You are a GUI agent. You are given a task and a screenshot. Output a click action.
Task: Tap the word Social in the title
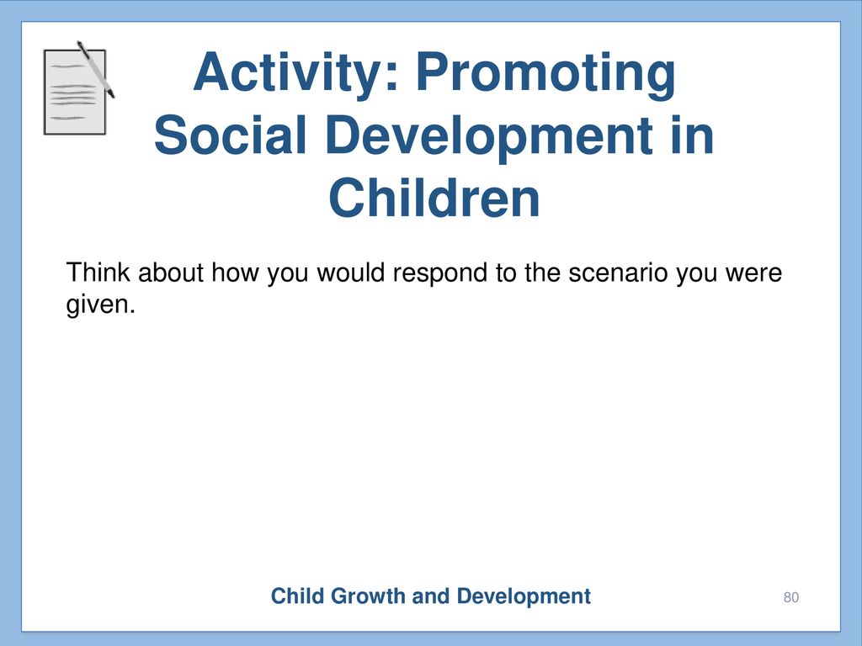pyautogui.click(x=230, y=135)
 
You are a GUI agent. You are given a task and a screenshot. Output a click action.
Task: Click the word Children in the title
pyautogui.click(x=434, y=198)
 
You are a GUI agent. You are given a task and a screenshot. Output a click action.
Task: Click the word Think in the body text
pyautogui.click(x=98, y=273)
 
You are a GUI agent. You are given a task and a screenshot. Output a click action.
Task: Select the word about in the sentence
pyautogui.click(x=170, y=273)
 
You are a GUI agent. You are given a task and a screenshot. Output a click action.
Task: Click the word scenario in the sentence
pyautogui.click(x=618, y=273)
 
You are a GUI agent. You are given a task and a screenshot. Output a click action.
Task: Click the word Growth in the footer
pyautogui.click(x=367, y=596)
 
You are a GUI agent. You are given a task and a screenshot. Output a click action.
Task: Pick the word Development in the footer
pyautogui.click(x=524, y=597)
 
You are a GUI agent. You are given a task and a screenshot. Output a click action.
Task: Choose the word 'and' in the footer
pyautogui.click(x=431, y=596)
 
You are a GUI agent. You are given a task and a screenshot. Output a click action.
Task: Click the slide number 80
pyautogui.click(x=791, y=597)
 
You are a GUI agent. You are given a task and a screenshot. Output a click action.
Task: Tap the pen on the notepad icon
pyautogui.click(x=96, y=70)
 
